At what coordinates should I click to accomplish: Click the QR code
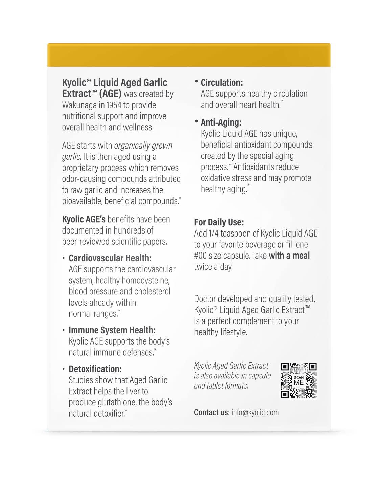(x=299, y=380)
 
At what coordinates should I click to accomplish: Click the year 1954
(x=114, y=105)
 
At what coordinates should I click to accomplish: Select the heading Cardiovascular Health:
(x=110, y=258)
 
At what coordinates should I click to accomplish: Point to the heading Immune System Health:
(x=112, y=330)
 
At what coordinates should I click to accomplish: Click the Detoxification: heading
(x=95, y=369)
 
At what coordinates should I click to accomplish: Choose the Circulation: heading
(x=222, y=83)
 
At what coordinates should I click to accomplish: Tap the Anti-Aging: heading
(x=221, y=123)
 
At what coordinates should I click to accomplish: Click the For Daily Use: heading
(x=219, y=222)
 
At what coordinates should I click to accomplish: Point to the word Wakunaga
(x=79, y=105)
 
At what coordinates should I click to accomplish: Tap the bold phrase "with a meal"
(x=289, y=256)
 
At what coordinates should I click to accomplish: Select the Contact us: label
(x=212, y=412)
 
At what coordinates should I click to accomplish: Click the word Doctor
(x=206, y=299)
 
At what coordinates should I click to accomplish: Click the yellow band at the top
(x=189, y=55)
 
